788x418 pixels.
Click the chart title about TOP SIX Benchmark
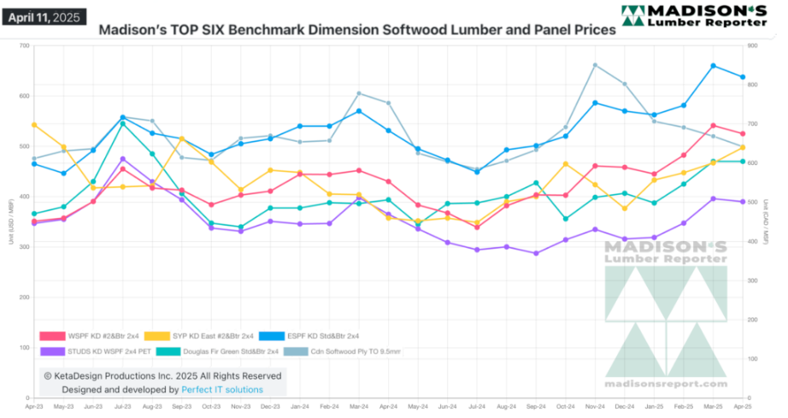pyautogui.click(x=357, y=30)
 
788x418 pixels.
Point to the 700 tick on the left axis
pyautogui.click(x=24, y=45)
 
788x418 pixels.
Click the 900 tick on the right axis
pyautogui.click(x=752, y=45)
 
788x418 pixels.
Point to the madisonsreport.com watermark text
pyautogui.click(x=666, y=385)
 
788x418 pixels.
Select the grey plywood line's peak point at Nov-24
pyautogui.click(x=596, y=65)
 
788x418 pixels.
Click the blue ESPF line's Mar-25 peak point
pyautogui.click(x=714, y=66)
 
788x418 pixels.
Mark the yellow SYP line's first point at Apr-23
pyautogui.click(x=34, y=125)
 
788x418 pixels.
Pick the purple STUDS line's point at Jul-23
pyautogui.click(x=123, y=159)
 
